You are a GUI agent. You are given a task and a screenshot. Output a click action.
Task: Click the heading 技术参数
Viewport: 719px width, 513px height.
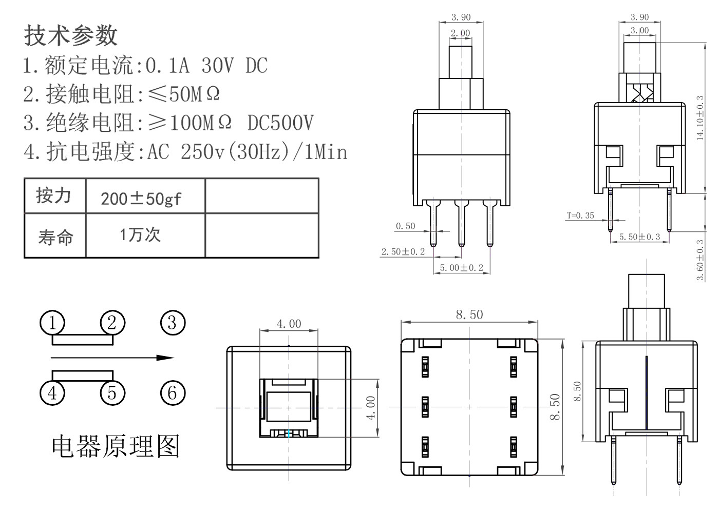pos(71,35)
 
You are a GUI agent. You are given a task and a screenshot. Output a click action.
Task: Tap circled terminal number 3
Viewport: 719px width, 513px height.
pos(172,323)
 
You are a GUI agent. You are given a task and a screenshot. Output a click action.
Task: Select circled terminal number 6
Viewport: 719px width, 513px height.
pos(172,393)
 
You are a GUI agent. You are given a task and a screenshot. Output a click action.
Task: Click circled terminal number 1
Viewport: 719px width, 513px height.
pos(52,323)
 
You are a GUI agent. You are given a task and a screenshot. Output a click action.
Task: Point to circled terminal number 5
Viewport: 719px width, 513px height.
pos(112,393)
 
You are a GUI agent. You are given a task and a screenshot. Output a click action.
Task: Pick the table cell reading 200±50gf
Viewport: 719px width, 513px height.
pos(141,198)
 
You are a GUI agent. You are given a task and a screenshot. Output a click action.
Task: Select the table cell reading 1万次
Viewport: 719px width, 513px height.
pos(140,235)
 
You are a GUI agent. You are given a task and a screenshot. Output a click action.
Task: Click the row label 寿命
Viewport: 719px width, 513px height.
pos(55,236)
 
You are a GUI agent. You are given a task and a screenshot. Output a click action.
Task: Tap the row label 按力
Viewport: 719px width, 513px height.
pos(53,195)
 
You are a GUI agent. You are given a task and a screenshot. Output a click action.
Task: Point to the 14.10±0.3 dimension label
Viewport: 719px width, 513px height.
pos(700,118)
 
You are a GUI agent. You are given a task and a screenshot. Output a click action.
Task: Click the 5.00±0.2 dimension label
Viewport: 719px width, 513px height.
pos(461,268)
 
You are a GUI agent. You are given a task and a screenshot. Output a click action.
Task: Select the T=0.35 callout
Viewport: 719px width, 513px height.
pos(580,215)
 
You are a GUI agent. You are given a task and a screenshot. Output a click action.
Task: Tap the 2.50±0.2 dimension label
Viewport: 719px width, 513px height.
pos(403,252)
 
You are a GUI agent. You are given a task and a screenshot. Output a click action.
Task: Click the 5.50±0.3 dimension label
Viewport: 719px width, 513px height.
pos(639,237)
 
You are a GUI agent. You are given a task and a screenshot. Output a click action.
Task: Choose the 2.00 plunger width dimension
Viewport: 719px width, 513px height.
pos(460,33)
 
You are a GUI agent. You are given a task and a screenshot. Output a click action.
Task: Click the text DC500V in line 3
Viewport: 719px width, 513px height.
pos(280,123)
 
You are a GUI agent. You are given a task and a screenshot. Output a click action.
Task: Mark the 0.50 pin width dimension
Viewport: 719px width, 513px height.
pos(405,226)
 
